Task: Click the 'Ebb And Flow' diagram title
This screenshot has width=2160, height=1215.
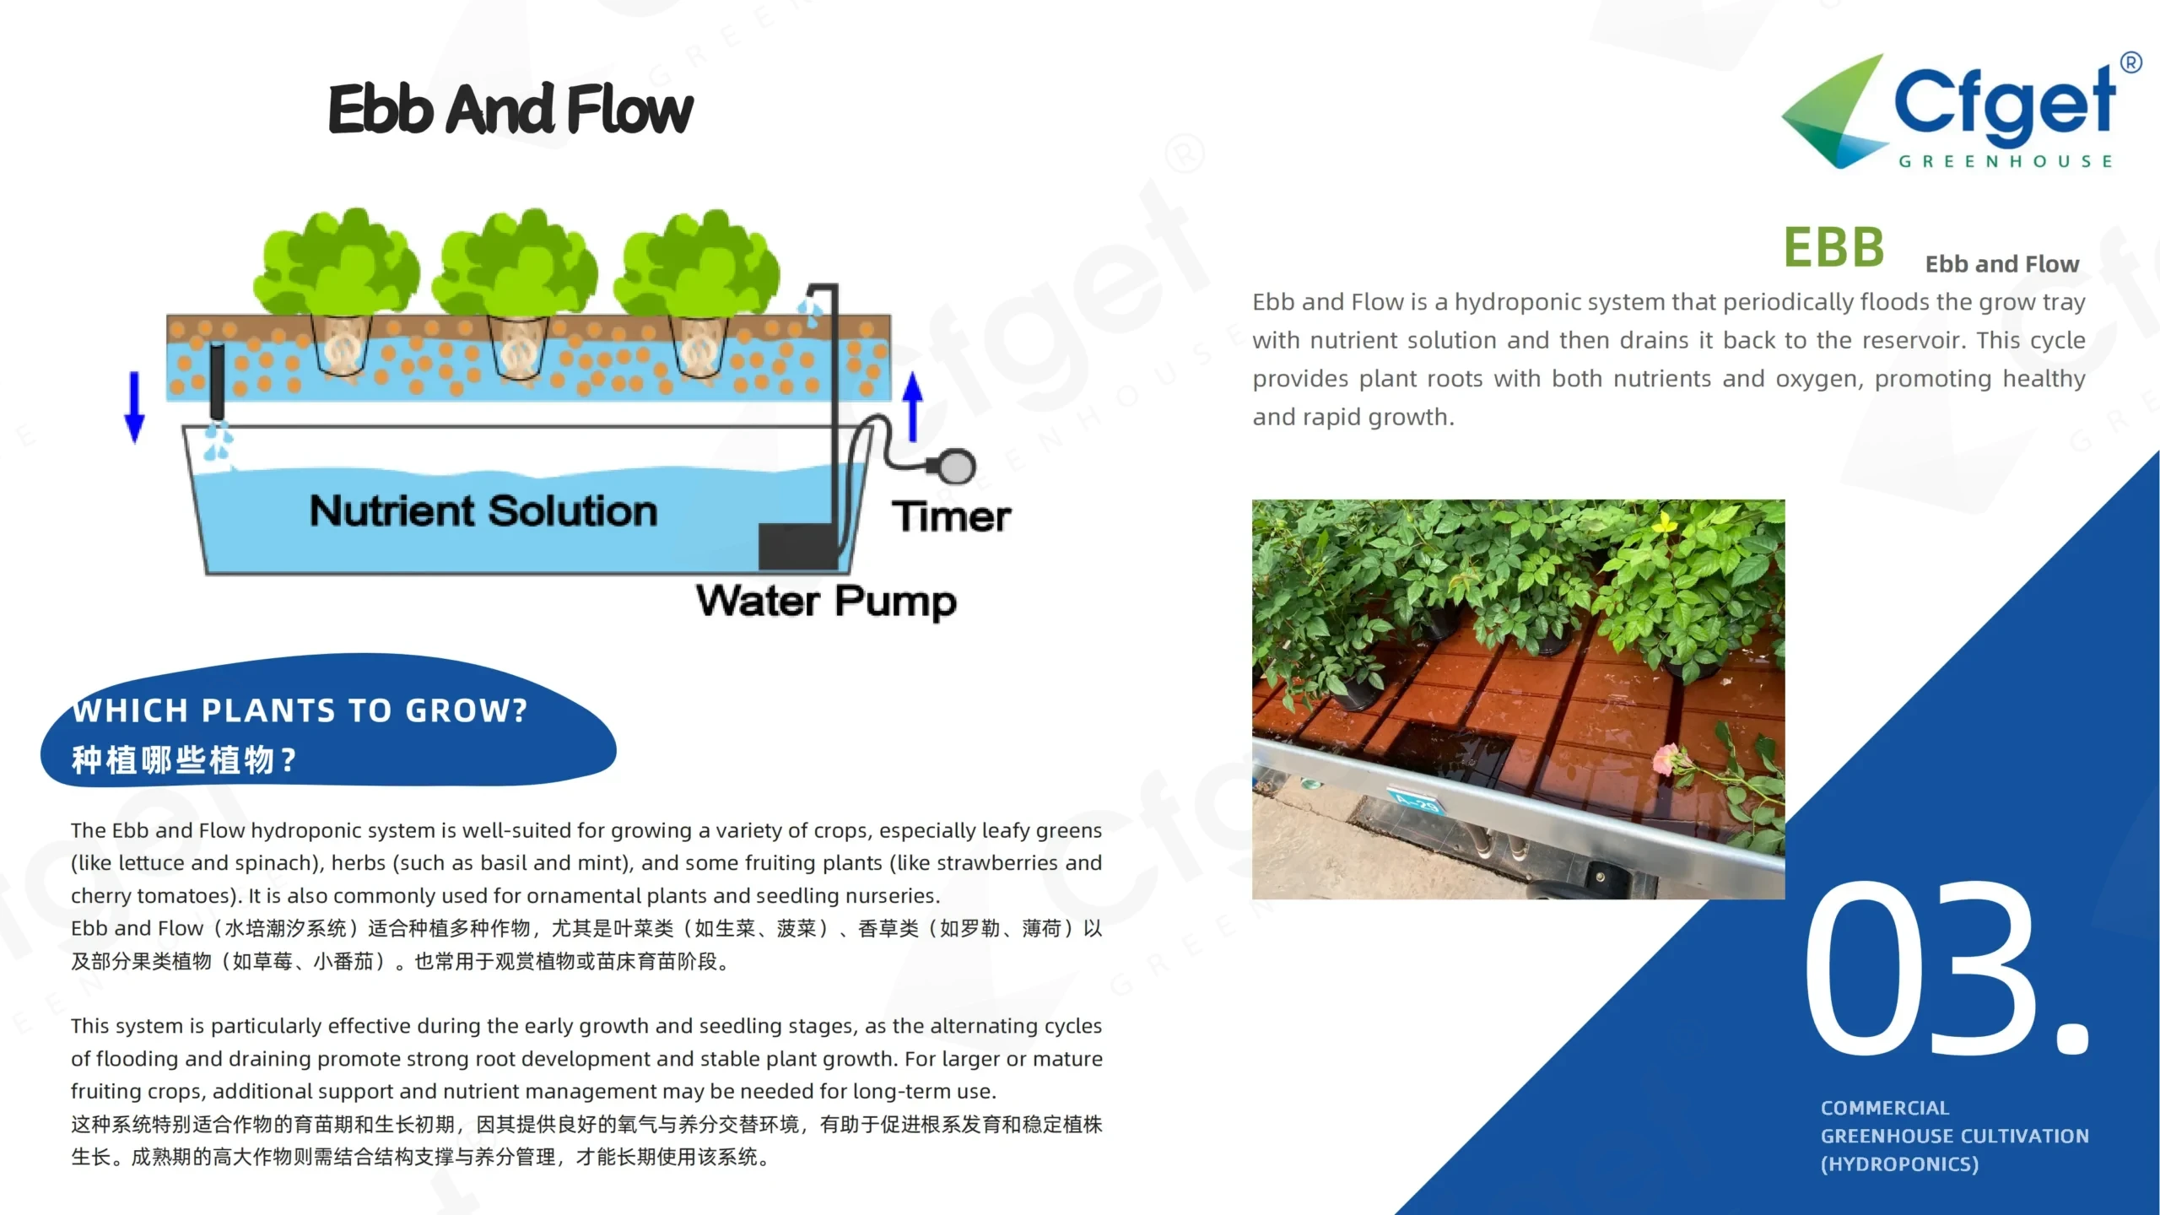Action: click(x=510, y=110)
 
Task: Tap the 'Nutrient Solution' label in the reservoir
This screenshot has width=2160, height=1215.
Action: click(x=483, y=511)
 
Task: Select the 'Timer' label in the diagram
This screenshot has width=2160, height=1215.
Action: click(x=951, y=516)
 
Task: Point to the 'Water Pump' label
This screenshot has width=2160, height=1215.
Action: click(x=827, y=602)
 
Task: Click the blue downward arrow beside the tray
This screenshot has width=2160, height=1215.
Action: click(x=134, y=407)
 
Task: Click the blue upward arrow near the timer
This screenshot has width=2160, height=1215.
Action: click(x=912, y=407)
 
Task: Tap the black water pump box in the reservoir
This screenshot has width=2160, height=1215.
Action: click(x=798, y=546)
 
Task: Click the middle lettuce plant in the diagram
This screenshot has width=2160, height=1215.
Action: click(x=516, y=291)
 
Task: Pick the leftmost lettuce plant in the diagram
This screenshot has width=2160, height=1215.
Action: click(x=337, y=291)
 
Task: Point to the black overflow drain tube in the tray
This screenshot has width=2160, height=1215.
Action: click(x=217, y=381)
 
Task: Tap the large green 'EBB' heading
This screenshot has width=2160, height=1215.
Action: click(x=1833, y=248)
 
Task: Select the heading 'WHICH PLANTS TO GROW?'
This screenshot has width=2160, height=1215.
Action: click(x=300, y=710)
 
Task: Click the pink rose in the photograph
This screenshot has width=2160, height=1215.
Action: click(x=1669, y=759)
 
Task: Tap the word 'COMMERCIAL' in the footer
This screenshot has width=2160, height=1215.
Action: click(x=1885, y=1108)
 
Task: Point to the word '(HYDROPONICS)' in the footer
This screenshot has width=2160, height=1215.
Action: click(x=1899, y=1164)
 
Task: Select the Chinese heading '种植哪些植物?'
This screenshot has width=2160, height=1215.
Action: click(x=184, y=760)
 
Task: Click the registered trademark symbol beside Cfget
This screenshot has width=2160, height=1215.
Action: click(x=2130, y=63)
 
